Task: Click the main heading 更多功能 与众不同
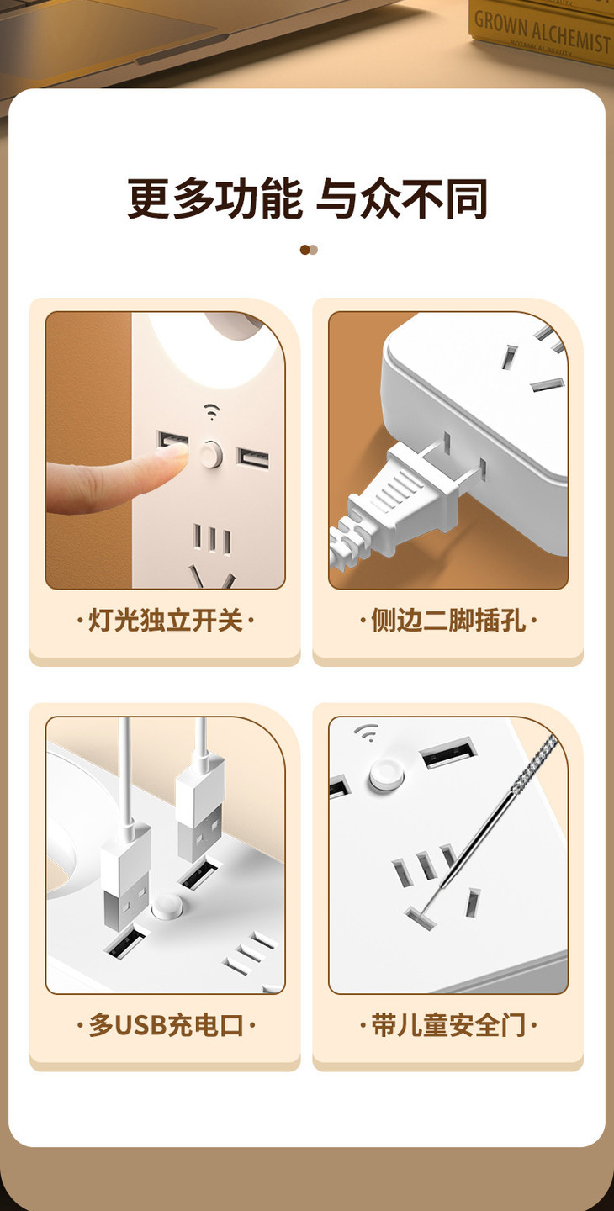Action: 307,199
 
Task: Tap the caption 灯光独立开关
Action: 165,620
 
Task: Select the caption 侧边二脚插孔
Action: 448,620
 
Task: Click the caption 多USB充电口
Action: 166,1025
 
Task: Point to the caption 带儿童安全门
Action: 448,1025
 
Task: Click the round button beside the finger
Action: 211,454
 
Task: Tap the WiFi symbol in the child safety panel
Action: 366,732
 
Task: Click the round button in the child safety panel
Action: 386,775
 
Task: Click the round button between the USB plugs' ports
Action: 167,907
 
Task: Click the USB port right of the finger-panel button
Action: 252,459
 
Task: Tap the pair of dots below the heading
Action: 309,249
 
